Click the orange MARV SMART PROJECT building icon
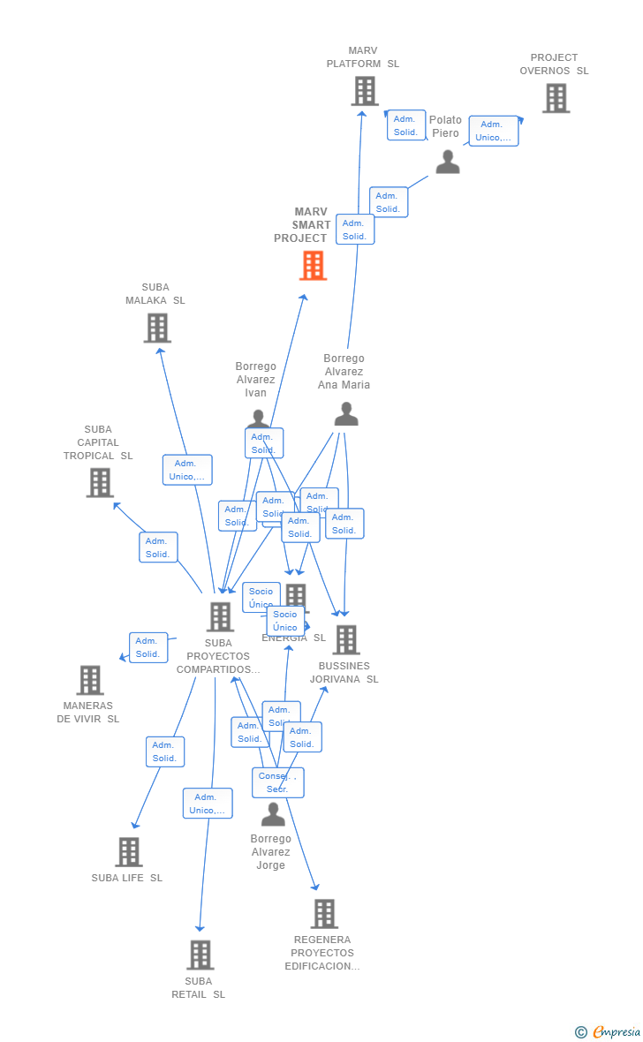(313, 265)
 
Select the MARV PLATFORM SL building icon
(364, 91)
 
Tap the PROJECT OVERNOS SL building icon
(556, 98)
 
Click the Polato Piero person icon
(448, 162)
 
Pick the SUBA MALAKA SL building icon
(157, 328)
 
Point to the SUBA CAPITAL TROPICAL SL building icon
(100, 482)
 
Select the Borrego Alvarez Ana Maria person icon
(346, 413)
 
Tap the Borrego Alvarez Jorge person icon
(273, 813)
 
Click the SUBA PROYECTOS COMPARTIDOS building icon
(220, 616)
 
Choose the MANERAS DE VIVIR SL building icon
(90, 680)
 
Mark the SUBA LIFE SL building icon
(129, 851)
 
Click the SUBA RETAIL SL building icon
(200, 955)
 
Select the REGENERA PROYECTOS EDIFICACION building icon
(324, 913)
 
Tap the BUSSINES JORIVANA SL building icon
(346, 639)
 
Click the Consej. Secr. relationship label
(277, 782)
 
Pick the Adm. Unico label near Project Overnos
(493, 131)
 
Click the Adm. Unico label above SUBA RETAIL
(208, 804)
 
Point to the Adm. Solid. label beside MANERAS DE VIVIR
(148, 647)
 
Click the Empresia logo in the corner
(609, 1031)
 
